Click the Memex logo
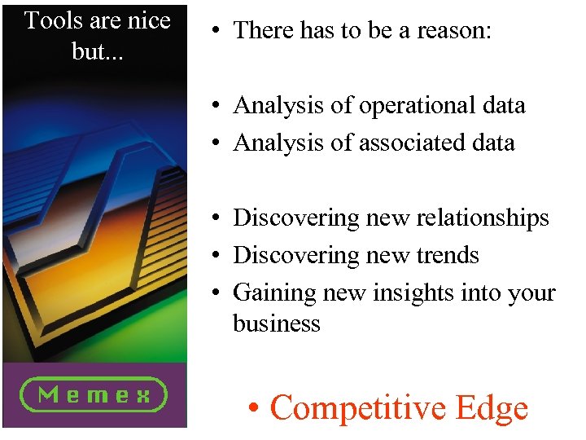[94, 395]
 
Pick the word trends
[447, 255]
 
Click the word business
[277, 323]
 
